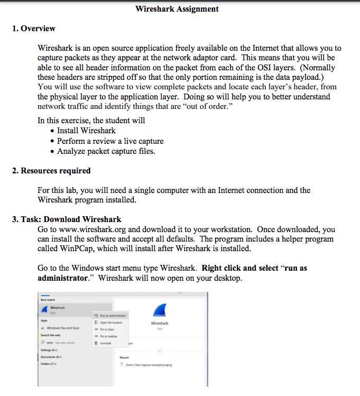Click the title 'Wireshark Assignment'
177,9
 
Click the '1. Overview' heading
34,29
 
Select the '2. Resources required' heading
51,171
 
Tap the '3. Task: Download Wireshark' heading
67,219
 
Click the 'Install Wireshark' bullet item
86,131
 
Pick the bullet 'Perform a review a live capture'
110,141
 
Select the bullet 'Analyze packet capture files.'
106,151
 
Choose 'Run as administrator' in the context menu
113,316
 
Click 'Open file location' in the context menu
111,323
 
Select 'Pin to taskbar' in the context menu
109,336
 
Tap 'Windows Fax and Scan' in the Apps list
62,328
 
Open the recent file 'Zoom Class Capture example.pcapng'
150,365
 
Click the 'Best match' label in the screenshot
48,300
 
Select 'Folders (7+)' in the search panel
49,364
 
